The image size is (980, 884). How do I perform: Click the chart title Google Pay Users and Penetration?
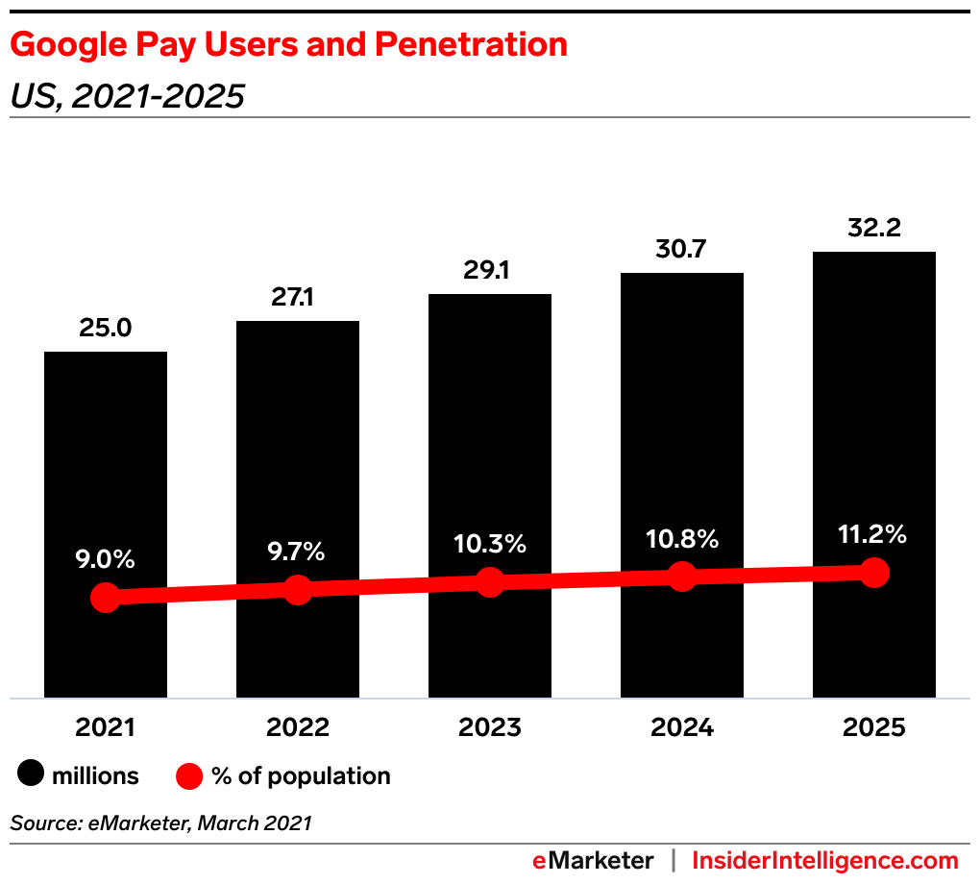[288, 44]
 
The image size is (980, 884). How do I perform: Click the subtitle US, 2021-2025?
[128, 96]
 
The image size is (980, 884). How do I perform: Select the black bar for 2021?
[106, 461]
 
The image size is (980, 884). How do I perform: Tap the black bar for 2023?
[490, 432]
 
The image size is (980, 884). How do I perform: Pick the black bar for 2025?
[874, 404]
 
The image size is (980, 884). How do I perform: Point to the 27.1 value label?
[298, 298]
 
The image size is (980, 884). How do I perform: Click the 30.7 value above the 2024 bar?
[682, 250]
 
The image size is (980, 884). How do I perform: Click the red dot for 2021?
[106, 598]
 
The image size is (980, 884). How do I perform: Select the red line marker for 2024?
[682, 577]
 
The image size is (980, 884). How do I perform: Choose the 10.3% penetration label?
[490, 544]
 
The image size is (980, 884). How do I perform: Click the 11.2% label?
[874, 534]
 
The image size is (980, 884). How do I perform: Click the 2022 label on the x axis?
[298, 727]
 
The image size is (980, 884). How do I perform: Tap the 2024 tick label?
[682, 727]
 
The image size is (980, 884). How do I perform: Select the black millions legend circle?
[32, 775]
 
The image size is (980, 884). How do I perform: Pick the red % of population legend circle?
[190, 775]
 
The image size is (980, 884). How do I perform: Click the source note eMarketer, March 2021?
[161, 823]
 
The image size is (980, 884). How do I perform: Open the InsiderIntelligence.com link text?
[825, 860]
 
